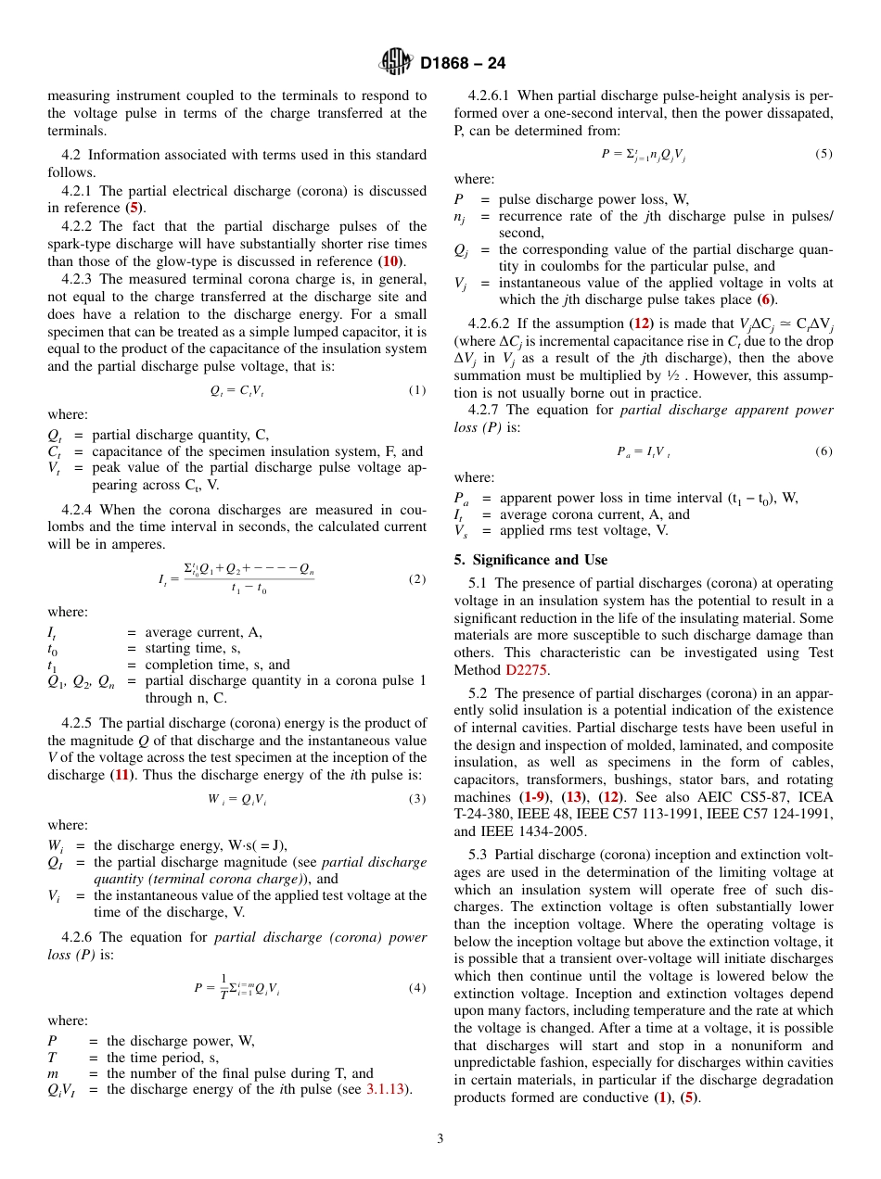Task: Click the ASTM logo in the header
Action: coord(396,63)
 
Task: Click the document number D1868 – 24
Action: coord(463,64)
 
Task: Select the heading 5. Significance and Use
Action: coord(530,560)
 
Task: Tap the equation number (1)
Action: coord(417,390)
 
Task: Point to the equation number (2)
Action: coord(417,579)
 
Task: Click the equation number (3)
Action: coord(417,799)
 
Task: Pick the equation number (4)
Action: coord(417,987)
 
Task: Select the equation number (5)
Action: coord(824,154)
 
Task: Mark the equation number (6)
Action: coord(824,451)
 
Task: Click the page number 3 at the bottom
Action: coord(440,1139)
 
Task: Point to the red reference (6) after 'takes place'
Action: coord(765,299)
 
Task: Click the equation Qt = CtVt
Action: coord(237,391)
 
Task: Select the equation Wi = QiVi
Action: coord(237,800)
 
